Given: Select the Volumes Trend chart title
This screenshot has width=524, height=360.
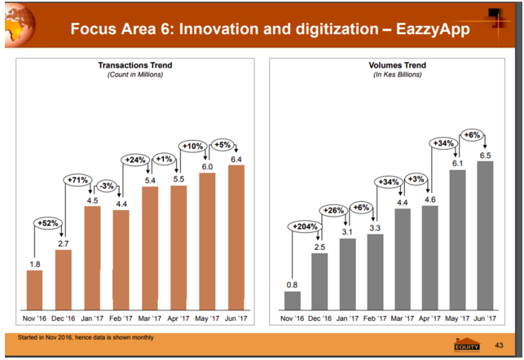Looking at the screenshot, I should click(393, 64).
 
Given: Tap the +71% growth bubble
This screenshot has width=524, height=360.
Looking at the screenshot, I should click(77, 180).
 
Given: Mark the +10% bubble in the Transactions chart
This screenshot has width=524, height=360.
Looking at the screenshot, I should click(192, 147).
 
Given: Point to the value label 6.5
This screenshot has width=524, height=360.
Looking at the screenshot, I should click(486, 154).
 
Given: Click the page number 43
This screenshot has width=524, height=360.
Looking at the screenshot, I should click(500, 346).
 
